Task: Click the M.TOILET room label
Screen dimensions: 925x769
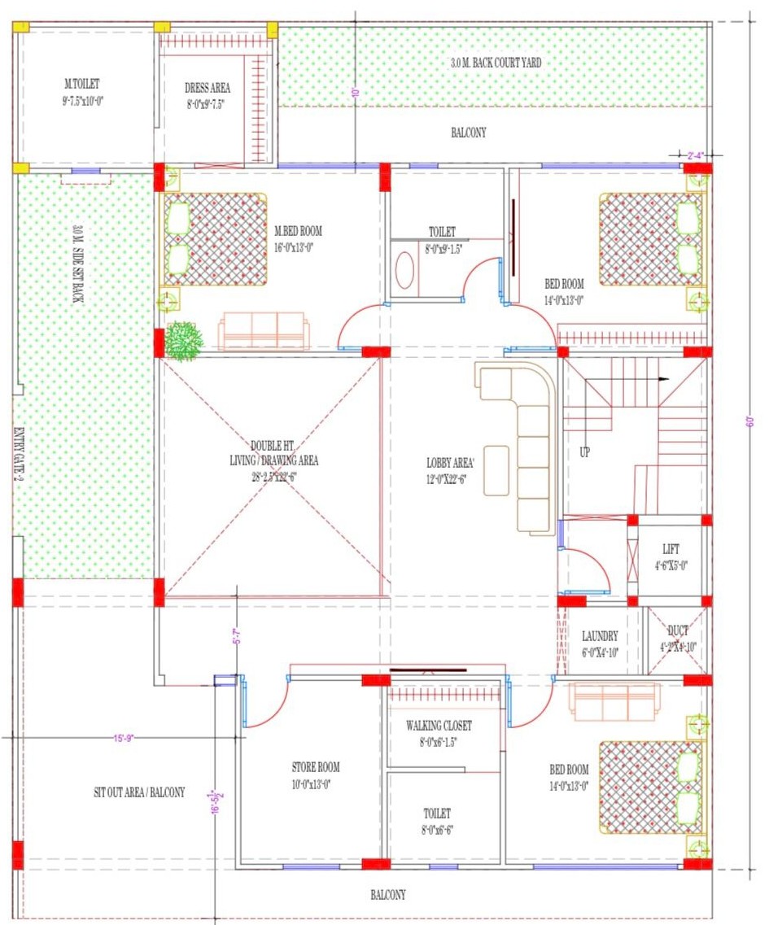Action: [82, 83]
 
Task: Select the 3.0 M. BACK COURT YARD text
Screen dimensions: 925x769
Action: [496, 63]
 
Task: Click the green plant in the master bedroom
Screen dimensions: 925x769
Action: [185, 340]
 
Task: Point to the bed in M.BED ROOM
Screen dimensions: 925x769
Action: [215, 239]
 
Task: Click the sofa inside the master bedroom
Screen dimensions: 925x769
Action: [263, 331]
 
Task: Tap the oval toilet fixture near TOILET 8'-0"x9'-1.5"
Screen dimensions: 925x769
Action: [404, 271]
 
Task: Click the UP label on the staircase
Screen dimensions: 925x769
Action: [584, 452]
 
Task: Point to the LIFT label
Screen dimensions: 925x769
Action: [671, 549]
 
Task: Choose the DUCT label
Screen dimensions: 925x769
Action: [677, 630]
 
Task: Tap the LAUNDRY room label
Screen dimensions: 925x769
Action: [600, 635]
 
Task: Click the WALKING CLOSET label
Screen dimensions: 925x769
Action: [439, 725]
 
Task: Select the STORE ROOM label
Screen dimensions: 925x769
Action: [316, 767]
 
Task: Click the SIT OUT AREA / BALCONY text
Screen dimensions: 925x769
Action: [139, 792]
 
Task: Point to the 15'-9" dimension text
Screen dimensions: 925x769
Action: [124, 738]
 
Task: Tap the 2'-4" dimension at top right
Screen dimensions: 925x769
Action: [694, 154]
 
